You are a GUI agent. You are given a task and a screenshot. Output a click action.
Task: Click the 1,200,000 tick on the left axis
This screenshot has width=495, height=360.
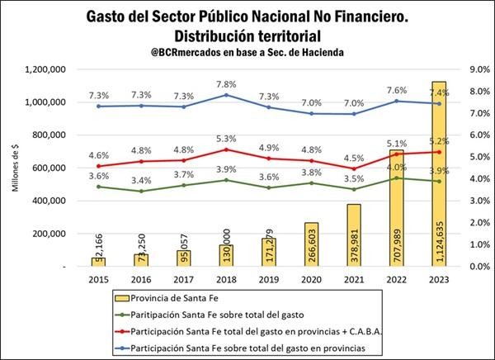coord(50,69)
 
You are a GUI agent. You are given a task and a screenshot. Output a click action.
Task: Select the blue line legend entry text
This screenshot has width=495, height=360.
coord(246,346)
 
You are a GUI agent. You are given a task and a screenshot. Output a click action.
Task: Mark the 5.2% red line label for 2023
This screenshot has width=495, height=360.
coord(439,141)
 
